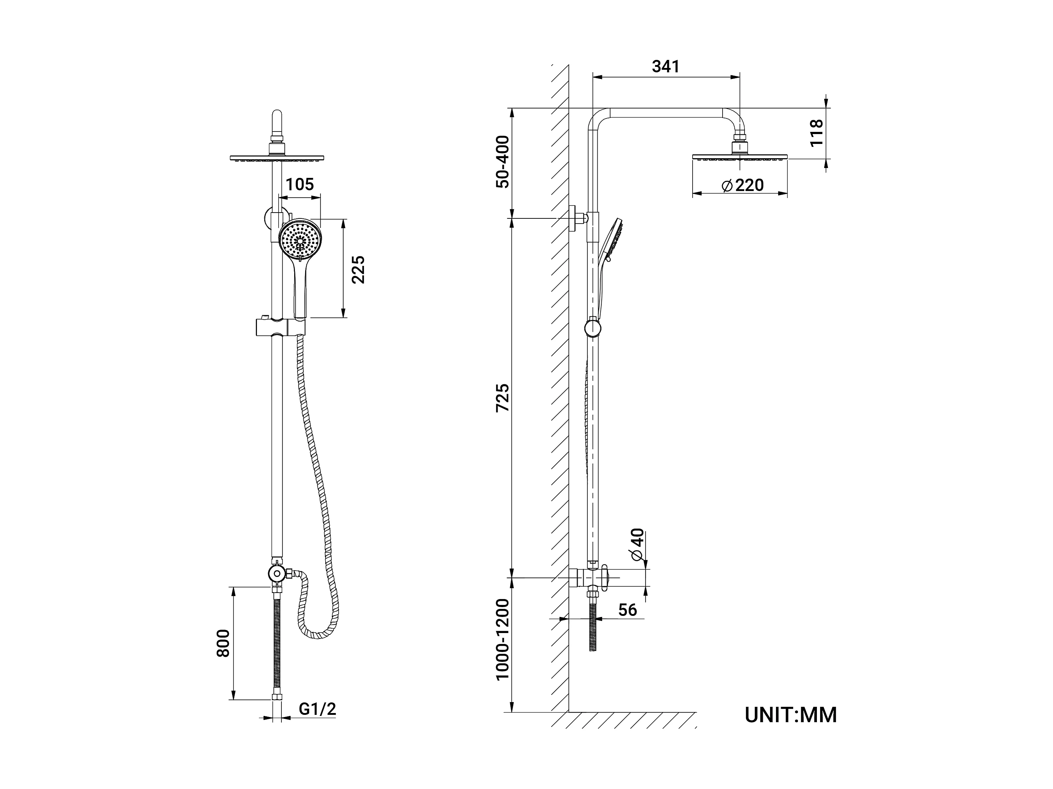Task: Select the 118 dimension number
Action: [816, 133]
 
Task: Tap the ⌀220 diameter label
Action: [743, 185]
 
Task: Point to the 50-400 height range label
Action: [503, 162]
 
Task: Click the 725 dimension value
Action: [503, 398]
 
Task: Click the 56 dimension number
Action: [628, 610]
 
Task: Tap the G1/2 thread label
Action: [318, 709]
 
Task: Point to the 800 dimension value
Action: [223, 643]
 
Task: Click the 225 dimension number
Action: [358, 270]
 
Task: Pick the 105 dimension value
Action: [300, 184]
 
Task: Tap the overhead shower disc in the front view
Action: [277, 157]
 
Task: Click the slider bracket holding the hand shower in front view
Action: [280, 327]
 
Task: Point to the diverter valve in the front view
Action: [276, 573]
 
